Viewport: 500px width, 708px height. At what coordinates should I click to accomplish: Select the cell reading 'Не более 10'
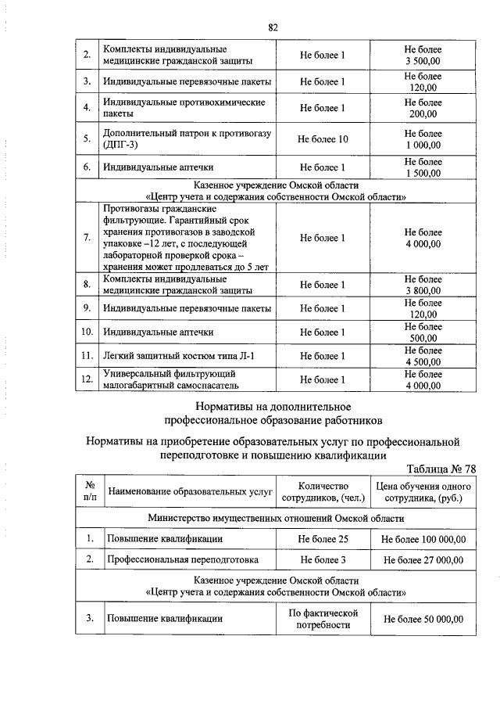point(323,138)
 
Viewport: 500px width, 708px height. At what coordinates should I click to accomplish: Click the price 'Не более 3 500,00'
point(423,54)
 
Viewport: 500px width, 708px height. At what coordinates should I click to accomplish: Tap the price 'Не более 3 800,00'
point(423,285)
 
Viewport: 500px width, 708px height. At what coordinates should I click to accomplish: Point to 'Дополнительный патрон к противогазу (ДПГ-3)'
point(187,138)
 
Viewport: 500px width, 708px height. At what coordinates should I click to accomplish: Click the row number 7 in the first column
point(87,238)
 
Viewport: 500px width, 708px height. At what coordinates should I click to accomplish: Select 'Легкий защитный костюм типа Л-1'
point(179,356)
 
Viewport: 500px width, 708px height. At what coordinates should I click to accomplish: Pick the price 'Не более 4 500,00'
point(423,356)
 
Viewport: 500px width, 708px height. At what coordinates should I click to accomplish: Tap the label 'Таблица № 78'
point(441,469)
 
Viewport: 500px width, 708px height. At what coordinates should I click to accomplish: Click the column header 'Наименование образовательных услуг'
point(190,492)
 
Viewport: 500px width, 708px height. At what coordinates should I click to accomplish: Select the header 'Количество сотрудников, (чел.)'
point(323,492)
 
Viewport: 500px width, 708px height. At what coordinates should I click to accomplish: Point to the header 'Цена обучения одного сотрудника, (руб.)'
point(423,492)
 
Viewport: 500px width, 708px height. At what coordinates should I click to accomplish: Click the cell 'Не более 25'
point(323,539)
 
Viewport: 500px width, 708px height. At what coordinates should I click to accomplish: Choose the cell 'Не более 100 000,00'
point(423,539)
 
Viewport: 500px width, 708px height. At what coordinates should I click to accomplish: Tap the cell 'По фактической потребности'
point(323,619)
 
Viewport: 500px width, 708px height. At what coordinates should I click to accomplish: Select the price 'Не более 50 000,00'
point(423,619)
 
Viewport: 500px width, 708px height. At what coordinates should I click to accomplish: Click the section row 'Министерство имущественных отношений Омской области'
point(276,518)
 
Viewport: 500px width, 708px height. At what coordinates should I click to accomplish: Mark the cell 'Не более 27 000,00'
point(423,559)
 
